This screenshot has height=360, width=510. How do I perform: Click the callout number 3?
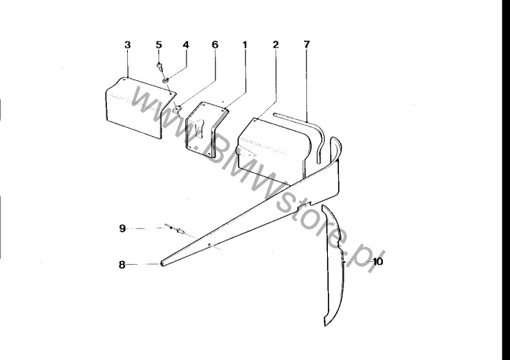(x=128, y=45)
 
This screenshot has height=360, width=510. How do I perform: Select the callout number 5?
(x=159, y=45)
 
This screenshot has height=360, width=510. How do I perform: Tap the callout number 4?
(x=186, y=45)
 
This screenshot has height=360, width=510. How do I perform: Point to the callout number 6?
(x=215, y=45)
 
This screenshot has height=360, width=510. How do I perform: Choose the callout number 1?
(x=245, y=45)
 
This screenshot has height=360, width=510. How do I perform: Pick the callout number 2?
(x=276, y=45)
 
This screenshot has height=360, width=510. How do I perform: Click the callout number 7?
(x=307, y=45)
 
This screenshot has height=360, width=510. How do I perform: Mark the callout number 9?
(x=122, y=228)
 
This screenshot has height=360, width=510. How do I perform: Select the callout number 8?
(x=122, y=265)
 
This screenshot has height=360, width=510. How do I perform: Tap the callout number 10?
(x=378, y=261)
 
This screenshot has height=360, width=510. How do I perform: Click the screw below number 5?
(x=160, y=67)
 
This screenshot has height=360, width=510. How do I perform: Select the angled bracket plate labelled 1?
(x=205, y=129)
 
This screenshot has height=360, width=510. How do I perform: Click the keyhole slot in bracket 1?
(x=200, y=127)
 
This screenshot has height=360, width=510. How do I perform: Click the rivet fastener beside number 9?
(x=175, y=230)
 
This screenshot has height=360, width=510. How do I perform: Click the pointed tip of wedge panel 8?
(x=161, y=263)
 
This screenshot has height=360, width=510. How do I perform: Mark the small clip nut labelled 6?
(x=177, y=109)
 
